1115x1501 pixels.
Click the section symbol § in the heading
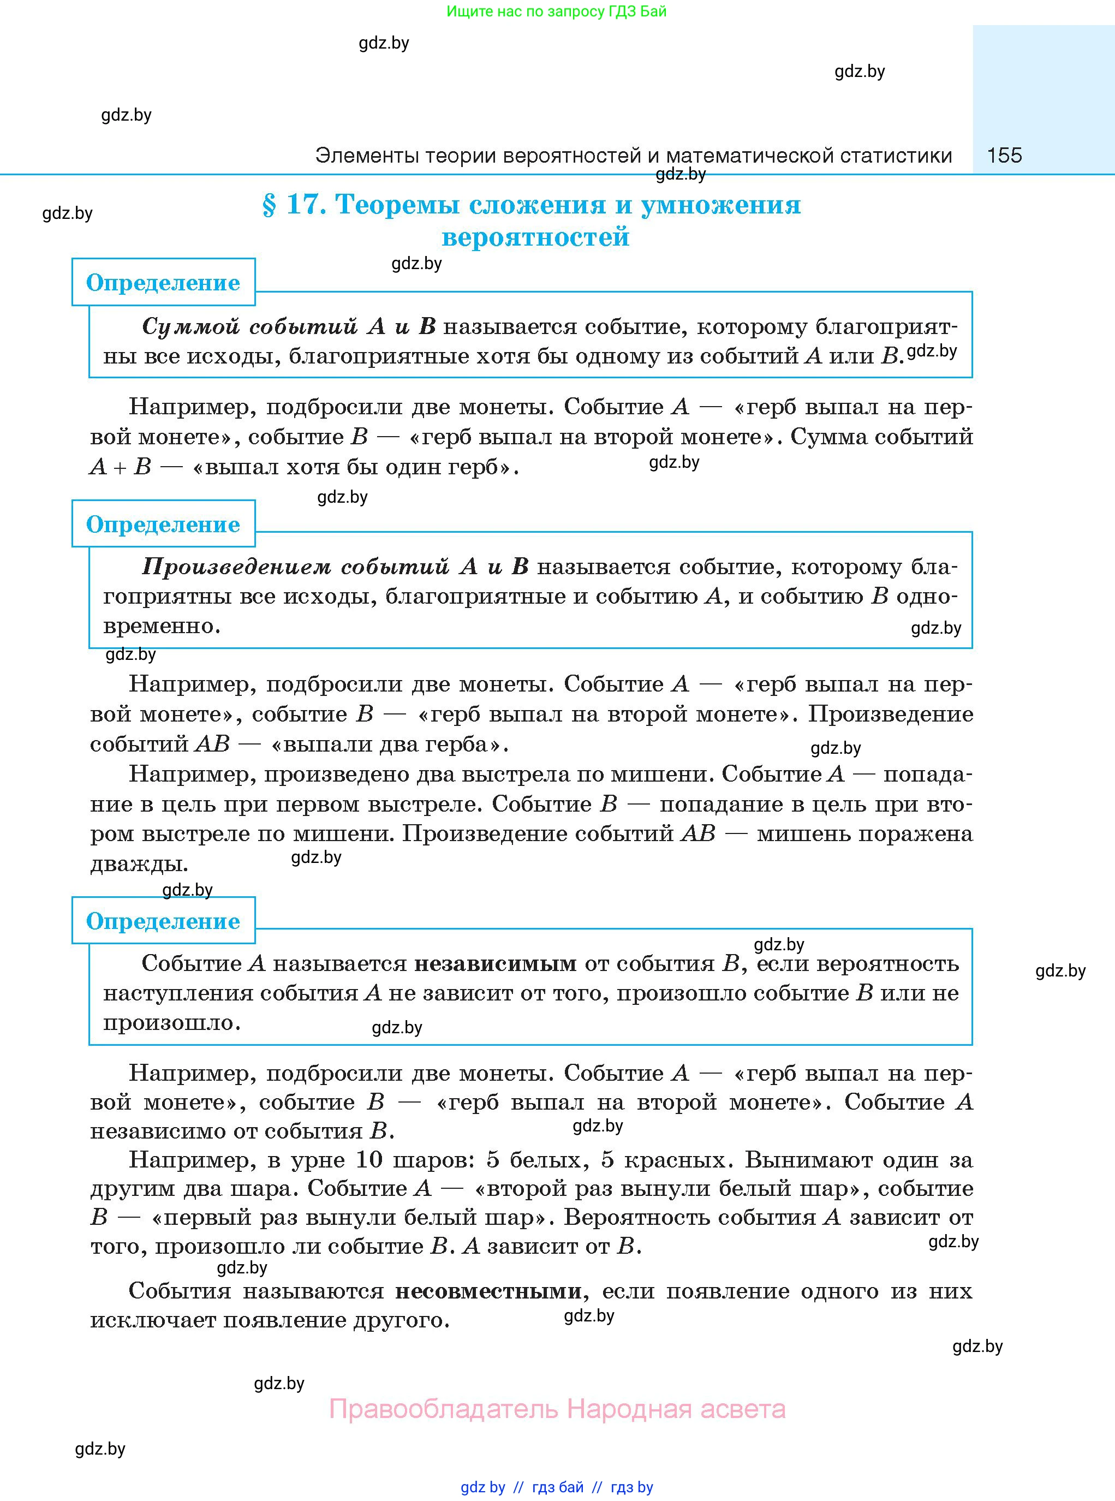coord(269,205)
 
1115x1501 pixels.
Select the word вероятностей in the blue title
coord(535,237)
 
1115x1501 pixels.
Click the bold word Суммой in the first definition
coord(191,326)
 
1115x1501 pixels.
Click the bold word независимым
coord(496,964)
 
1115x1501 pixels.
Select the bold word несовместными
coord(488,1291)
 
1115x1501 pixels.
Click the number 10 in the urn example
coord(369,1160)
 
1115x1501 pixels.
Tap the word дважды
coord(139,864)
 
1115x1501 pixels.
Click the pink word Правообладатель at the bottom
coord(444,1409)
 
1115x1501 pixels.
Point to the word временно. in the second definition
coord(162,626)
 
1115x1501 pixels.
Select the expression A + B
coord(121,467)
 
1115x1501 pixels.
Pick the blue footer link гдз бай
coord(558,1487)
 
